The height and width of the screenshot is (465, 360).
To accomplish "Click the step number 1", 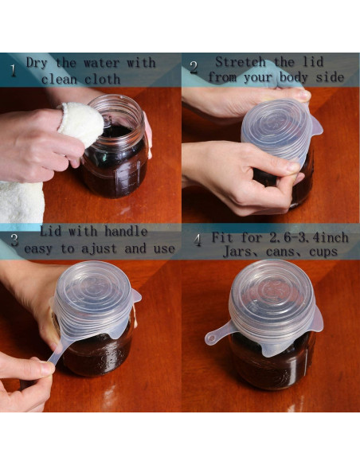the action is click(13, 71).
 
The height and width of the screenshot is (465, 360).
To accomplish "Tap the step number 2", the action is click(194, 68).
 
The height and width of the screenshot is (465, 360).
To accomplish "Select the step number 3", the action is click(14, 240).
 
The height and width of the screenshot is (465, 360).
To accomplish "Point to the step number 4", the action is click(198, 240).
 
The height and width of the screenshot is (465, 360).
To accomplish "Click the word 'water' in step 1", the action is click(102, 63).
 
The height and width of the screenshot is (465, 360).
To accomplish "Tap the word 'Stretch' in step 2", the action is click(241, 62).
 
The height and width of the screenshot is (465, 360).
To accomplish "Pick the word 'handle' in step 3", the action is click(126, 232).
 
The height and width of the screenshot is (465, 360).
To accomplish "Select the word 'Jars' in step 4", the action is click(237, 252).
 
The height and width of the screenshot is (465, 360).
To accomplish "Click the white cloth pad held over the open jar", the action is click(81, 123).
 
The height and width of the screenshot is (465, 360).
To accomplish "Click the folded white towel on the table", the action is click(22, 202).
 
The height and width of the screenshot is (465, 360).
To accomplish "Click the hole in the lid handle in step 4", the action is click(211, 338).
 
